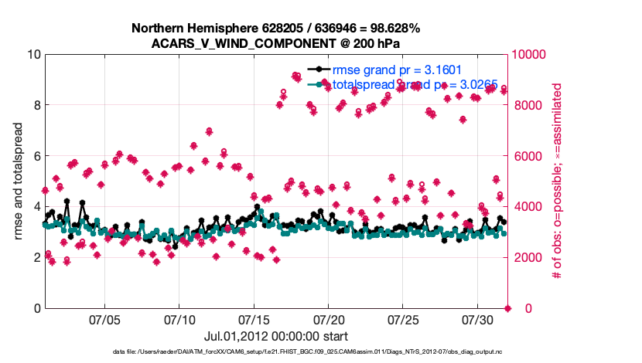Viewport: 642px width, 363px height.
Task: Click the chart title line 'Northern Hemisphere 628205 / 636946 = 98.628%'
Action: coord(276,29)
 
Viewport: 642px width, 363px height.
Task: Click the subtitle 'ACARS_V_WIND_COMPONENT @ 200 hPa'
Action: coord(276,43)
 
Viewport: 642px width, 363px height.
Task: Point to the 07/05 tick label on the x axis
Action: coord(105,319)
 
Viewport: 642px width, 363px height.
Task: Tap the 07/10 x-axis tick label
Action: coord(179,319)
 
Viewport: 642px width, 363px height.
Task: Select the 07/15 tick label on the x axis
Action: coord(254,319)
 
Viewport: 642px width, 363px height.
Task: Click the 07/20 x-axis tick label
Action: coord(328,319)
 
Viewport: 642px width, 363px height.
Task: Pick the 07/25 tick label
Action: coord(403,319)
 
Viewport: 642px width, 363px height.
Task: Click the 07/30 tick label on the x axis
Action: coord(477,319)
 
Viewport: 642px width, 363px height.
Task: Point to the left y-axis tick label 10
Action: coord(33,55)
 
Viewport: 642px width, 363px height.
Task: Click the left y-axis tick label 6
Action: coord(36,156)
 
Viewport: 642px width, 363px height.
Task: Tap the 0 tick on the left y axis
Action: coord(36,308)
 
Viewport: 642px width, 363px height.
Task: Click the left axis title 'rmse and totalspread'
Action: coord(18,181)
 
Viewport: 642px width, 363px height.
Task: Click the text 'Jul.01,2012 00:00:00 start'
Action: coord(276,337)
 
